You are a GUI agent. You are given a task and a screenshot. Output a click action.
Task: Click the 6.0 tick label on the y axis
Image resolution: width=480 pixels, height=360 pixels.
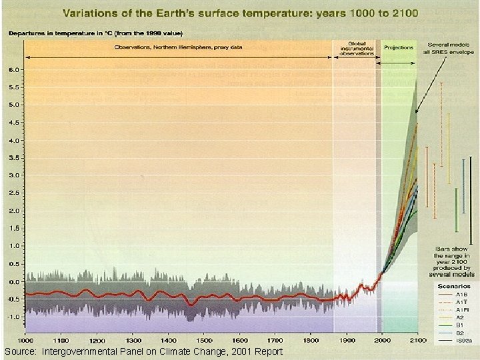click(13, 69)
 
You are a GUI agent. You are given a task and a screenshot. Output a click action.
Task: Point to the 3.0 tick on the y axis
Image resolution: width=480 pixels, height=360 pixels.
click(13, 175)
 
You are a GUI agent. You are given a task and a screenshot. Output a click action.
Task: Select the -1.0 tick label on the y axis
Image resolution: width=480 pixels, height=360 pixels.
click(13, 317)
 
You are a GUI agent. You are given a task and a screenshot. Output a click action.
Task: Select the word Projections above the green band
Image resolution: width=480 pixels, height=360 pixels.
click(399, 47)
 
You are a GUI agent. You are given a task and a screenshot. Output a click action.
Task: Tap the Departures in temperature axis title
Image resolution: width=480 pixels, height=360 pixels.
click(97, 33)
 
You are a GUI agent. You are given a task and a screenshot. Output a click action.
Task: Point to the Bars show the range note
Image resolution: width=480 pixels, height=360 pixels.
click(452, 256)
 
